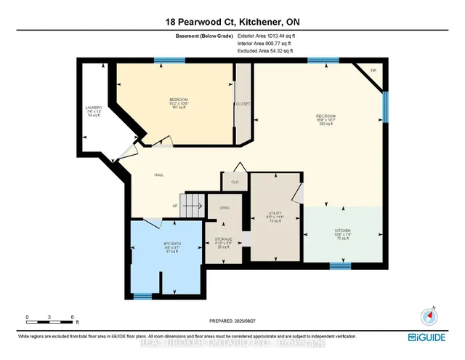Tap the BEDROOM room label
[179, 99]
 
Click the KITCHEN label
[342, 231]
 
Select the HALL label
[158, 175]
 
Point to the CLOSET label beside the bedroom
[243, 104]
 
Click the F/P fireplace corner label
[373, 71]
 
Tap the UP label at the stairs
[175, 206]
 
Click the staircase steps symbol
[191, 203]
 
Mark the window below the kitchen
[340, 265]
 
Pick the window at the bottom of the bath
[142, 295]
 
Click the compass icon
[426, 316]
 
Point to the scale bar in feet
[49, 321]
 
